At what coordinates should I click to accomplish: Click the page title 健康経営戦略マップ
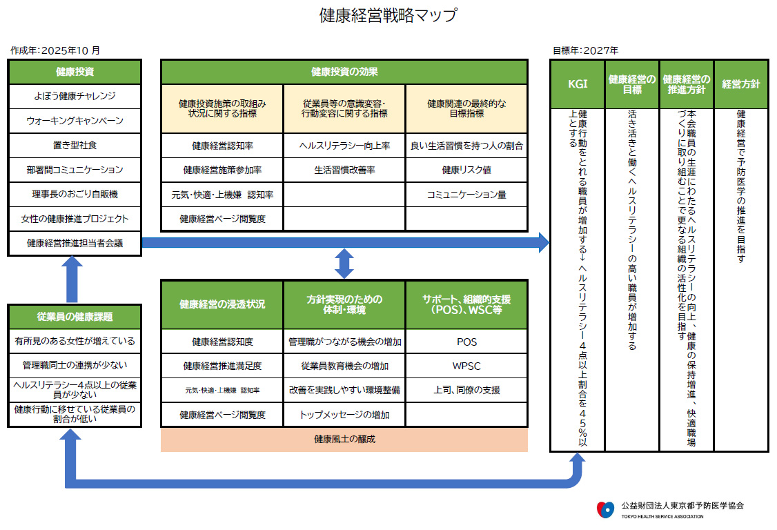[388, 16]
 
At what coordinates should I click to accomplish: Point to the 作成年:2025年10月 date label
[55, 50]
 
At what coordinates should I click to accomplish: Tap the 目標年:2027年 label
[585, 50]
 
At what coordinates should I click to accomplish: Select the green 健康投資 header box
[75, 72]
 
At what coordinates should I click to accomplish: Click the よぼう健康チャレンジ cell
[75, 96]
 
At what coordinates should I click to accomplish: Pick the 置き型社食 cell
[75, 145]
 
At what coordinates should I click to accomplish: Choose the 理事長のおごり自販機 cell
[75, 194]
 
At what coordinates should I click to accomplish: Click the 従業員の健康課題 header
[75, 317]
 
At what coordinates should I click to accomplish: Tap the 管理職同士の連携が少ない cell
[75, 365]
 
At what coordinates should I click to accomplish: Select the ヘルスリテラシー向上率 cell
[344, 146]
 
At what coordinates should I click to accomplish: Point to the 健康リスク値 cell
[466, 170]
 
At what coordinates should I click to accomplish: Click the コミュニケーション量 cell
[466, 195]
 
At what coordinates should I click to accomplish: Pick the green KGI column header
[577, 84]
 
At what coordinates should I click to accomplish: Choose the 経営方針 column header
[741, 84]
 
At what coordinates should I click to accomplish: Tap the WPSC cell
[466, 366]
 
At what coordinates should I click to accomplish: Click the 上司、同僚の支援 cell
[466, 390]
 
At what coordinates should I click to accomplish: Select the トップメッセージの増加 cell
[344, 415]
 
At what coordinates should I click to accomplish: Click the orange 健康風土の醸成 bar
[344, 440]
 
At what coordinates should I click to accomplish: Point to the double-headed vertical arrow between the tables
[344, 263]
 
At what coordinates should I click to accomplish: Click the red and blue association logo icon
[604, 509]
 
